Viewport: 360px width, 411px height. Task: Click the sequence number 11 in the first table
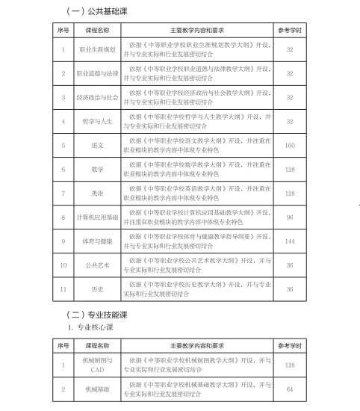point(63,288)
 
